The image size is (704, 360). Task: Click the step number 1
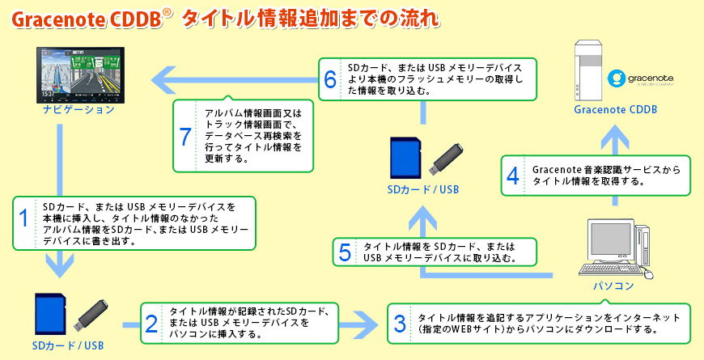point(24,219)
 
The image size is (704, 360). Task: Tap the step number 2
point(151,324)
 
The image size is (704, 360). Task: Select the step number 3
point(399,324)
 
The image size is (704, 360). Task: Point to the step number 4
point(512,175)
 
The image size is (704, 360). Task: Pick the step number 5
point(346,252)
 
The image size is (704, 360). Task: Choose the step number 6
point(329,78)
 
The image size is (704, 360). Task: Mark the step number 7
point(185,136)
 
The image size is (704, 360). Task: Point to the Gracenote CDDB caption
point(616,110)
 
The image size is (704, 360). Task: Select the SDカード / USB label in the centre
point(423,190)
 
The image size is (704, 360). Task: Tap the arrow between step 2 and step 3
point(360,324)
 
